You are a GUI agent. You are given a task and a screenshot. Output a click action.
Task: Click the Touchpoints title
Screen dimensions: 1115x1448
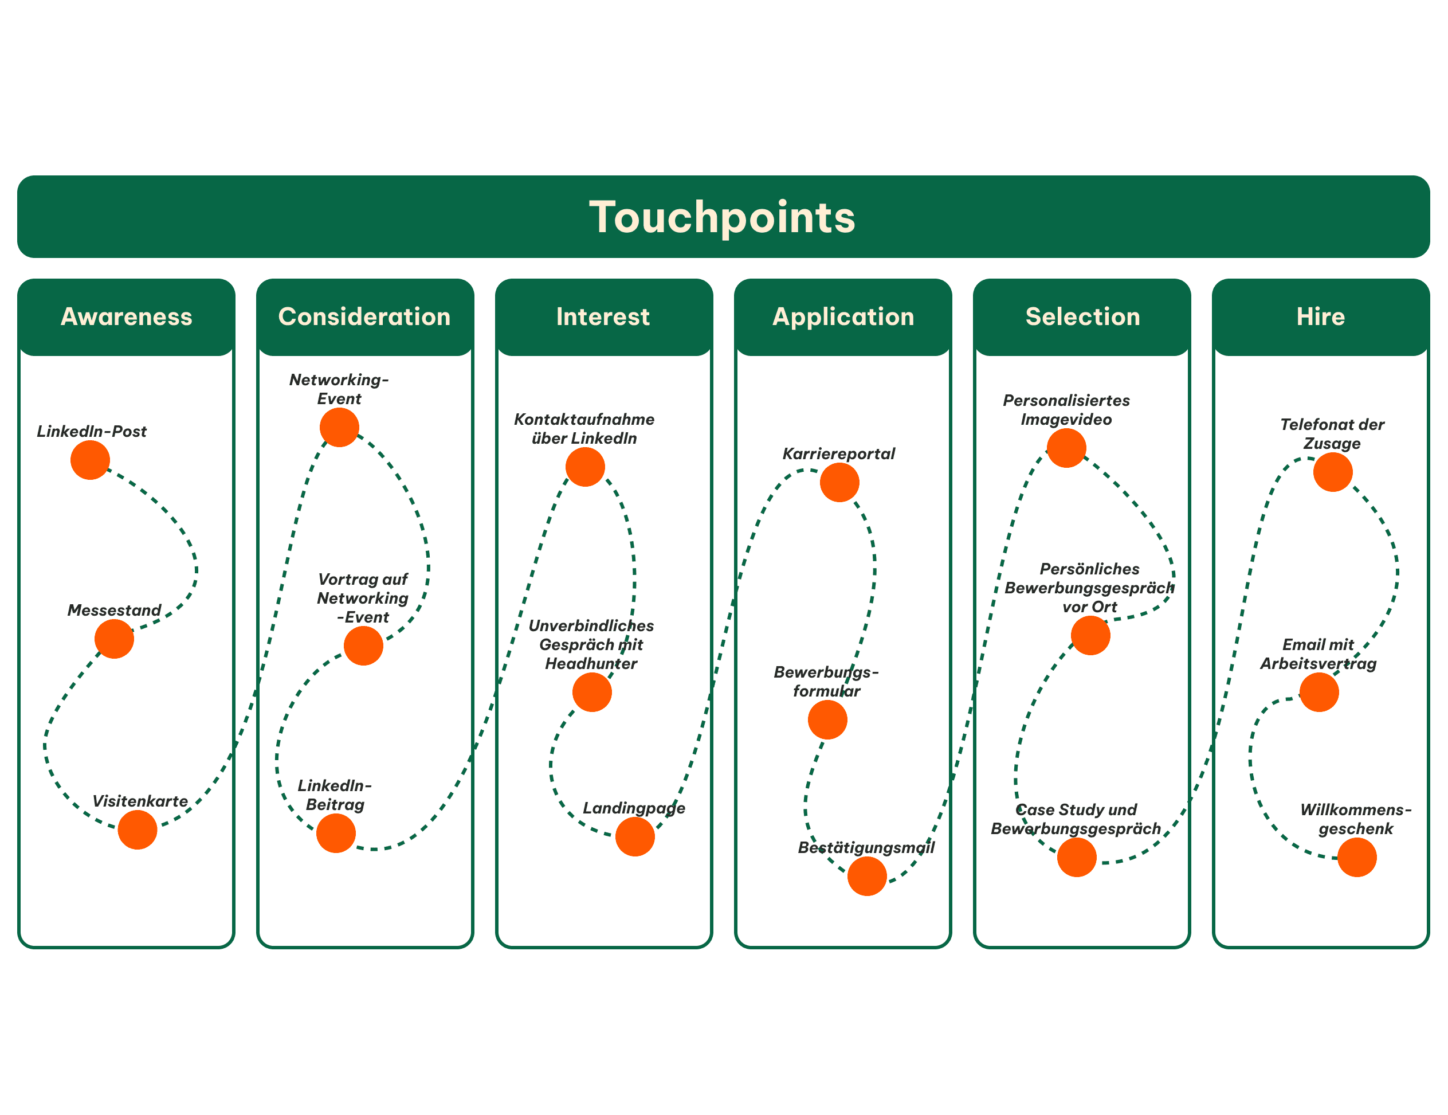pos(723,218)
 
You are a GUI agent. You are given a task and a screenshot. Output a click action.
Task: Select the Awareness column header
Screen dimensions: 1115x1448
pos(126,316)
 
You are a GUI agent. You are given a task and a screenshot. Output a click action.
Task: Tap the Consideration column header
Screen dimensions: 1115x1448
pos(364,316)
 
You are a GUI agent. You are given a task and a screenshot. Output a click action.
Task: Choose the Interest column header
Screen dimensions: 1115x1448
pos(603,316)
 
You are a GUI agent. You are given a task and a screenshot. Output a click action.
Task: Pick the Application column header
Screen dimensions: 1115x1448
pos(843,316)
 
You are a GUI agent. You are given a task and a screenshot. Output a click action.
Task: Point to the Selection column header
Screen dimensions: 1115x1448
pos(1082,316)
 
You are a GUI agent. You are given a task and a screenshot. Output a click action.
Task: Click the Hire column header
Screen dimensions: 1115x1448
pos(1321,316)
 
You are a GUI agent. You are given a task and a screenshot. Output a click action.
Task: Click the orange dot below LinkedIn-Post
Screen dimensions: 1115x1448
pos(90,460)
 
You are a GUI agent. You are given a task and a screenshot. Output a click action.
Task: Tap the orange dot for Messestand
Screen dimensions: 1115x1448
pos(114,639)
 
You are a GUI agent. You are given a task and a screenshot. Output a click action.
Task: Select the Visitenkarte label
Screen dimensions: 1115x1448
pos(140,801)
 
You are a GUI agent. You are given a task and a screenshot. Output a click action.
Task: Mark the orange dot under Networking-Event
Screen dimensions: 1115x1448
pos(339,427)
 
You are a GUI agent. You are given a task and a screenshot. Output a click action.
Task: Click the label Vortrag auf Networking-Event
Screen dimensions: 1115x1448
pos(363,598)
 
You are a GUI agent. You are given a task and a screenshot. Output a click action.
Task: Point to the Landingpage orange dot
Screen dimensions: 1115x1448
pos(635,836)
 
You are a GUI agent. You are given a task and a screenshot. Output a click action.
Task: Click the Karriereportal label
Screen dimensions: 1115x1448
pos(839,453)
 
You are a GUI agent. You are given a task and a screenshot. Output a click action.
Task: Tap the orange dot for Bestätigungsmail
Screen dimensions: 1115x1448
pos(867,876)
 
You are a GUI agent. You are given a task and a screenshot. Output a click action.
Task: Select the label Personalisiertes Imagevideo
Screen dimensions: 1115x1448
pos(1066,410)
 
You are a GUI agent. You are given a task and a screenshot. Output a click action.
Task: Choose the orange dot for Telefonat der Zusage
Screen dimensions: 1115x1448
pos(1333,472)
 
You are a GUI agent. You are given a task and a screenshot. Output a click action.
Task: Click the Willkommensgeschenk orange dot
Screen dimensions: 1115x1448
pos(1357,858)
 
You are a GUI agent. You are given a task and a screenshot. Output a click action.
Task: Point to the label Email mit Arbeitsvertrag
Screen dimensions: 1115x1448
pos(1318,654)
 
